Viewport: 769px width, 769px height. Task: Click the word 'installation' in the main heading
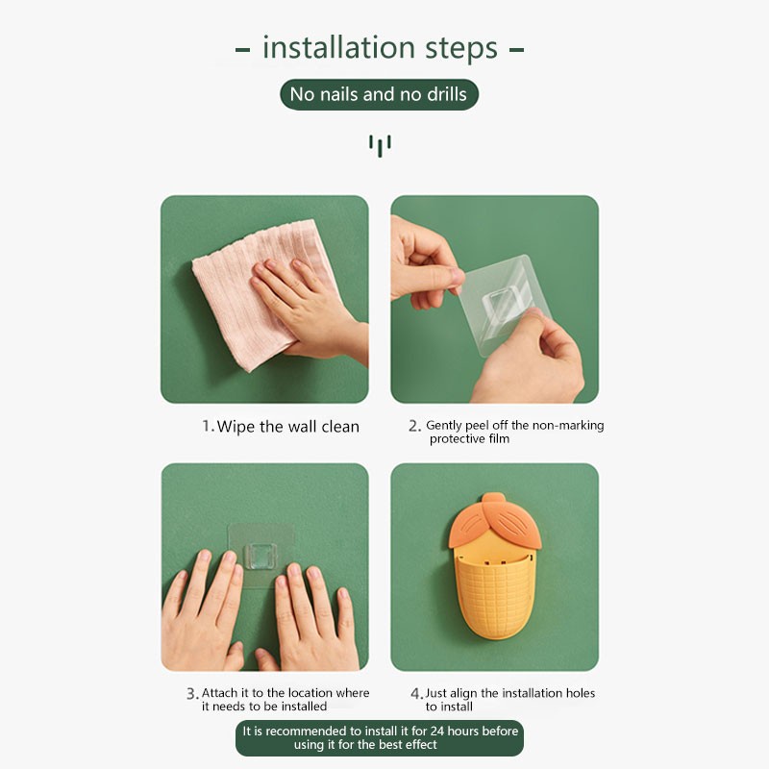(339, 47)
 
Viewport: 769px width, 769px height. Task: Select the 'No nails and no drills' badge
(379, 94)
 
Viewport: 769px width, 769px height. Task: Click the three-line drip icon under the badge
(380, 146)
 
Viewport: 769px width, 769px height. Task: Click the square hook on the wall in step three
(260, 557)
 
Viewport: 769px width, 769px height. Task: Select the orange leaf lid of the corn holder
(494, 521)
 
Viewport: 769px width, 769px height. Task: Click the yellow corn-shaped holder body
(494, 593)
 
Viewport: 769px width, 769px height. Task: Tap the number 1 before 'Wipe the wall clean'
(207, 426)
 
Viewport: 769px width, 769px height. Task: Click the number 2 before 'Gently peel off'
(413, 426)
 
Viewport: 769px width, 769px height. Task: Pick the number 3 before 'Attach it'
(190, 693)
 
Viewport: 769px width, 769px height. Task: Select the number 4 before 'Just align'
(415, 693)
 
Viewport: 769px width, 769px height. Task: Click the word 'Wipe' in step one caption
(236, 427)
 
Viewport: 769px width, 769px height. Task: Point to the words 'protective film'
(469, 439)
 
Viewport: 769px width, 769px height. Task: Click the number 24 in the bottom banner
(437, 731)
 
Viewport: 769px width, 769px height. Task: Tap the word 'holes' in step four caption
(581, 693)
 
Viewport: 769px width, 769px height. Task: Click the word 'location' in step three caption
(309, 693)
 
